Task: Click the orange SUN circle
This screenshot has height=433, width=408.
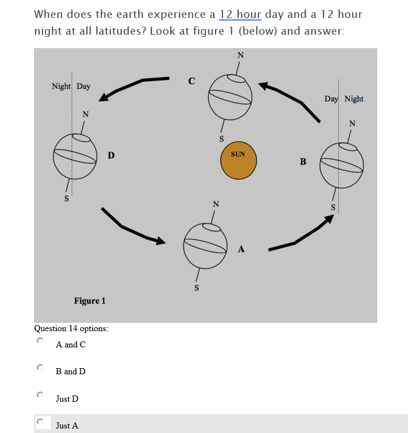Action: (x=238, y=161)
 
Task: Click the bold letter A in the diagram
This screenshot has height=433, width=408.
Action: (x=241, y=250)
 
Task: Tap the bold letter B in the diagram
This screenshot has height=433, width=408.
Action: (x=303, y=162)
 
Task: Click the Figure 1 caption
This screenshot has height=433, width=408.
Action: (x=89, y=301)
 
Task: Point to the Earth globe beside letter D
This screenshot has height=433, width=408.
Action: (x=75, y=154)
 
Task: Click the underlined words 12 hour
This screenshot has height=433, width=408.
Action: (x=241, y=14)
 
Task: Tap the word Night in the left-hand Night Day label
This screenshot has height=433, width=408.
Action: (x=61, y=86)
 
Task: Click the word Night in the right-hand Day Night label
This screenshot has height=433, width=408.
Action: (x=354, y=99)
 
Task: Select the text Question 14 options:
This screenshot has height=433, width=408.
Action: (x=71, y=328)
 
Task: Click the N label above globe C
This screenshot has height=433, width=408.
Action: (x=240, y=55)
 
